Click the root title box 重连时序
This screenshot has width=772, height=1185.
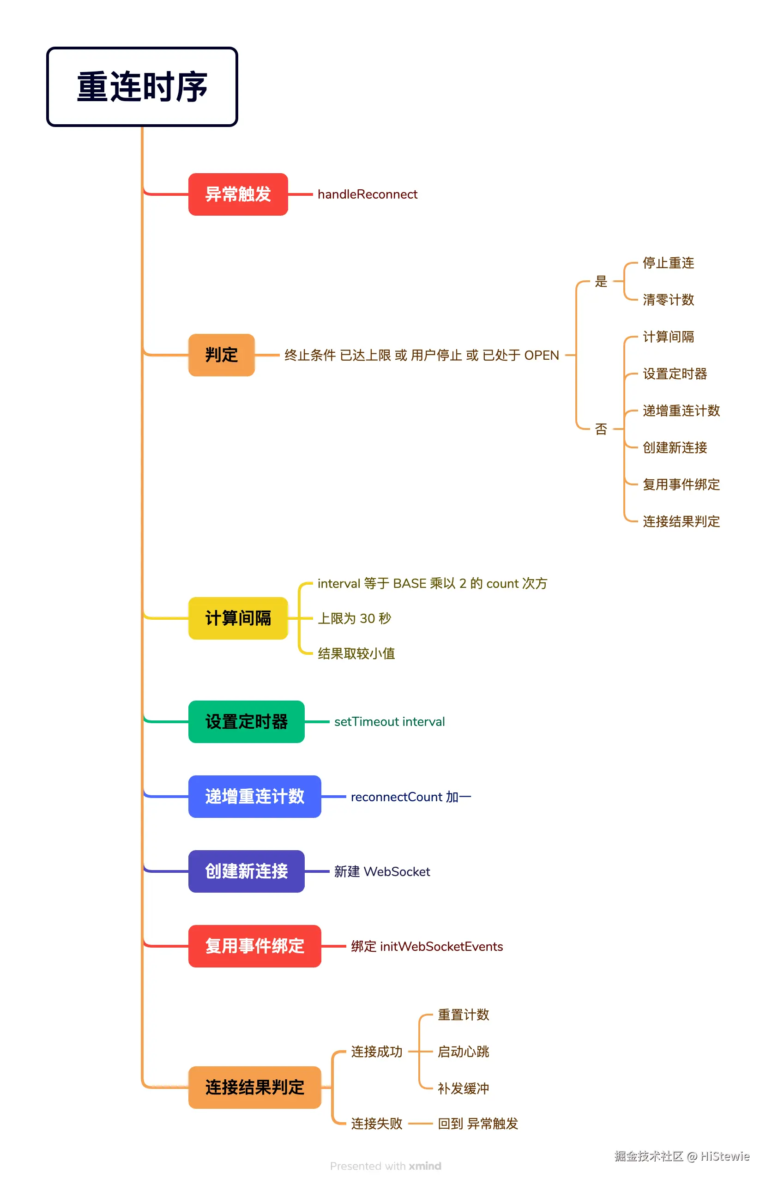tap(142, 87)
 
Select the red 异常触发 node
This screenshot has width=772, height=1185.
tap(238, 194)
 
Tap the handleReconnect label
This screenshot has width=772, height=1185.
tap(368, 194)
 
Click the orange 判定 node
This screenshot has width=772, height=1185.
tap(222, 355)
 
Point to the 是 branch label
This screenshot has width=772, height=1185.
tap(601, 281)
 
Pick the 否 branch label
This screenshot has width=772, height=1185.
tap(601, 429)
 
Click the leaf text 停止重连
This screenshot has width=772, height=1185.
tap(668, 263)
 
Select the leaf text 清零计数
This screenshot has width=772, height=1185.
tap(668, 300)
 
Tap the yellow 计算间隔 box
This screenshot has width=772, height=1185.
tap(238, 618)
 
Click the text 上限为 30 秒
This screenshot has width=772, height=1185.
tap(355, 618)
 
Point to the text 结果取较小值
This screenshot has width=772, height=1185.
tap(356, 653)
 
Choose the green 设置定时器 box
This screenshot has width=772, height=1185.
tap(247, 721)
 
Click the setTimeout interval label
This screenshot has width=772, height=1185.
tap(389, 721)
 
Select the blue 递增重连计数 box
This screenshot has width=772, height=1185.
tap(254, 796)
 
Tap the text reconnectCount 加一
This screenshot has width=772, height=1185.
tap(410, 797)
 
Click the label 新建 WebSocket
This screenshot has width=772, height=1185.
tap(382, 871)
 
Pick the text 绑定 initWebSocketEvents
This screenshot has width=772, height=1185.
tap(427, 946)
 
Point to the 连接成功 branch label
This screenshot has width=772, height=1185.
tap(377, 1052)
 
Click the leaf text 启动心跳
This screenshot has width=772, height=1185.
tap(464, 1052)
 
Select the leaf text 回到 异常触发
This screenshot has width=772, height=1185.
tap(478, 1123)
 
